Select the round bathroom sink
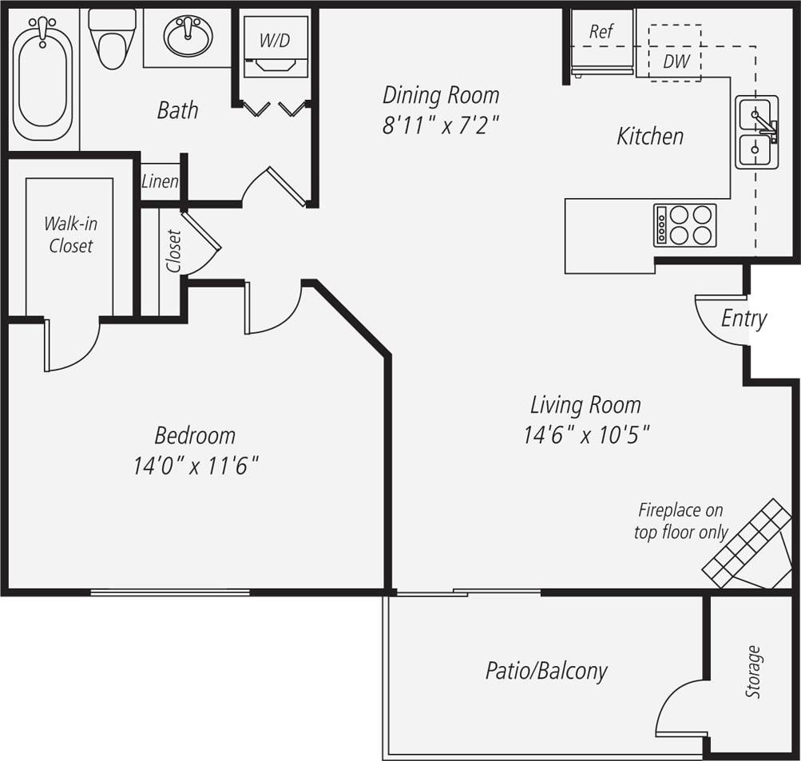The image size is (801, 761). click(x=188, y=37)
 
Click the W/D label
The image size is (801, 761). click(x=275, y=41)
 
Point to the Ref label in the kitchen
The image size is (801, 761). click(x=601, y=31)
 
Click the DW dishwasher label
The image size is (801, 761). click(x=675, y=61)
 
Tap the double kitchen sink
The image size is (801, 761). click(x=756, y=132)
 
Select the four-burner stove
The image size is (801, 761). click(x=685, y=225)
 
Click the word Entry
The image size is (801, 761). click(x=744, y=319)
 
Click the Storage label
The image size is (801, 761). click(x=753, y=672)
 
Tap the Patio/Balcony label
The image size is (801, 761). click(x=546, y=671)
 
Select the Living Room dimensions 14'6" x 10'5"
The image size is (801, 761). click(x=586, y=435)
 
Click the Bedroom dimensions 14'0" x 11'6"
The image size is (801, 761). click(x=196, y=466)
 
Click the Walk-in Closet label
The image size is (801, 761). click(x=70, y=235)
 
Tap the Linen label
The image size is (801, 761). click(x=160, y=181)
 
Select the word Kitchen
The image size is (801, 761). click(x=650, y=137)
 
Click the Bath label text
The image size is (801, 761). click(x=177, y=110)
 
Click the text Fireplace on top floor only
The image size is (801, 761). click(x=680, y=521)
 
